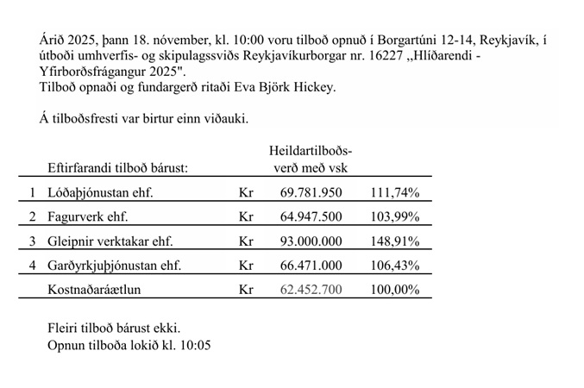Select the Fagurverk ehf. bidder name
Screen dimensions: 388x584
point(88,216)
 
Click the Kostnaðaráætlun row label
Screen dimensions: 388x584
point(94,290)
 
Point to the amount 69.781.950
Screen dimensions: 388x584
point(311,192)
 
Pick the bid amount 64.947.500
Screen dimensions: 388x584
point(311,216)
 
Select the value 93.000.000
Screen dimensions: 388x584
point(311,241)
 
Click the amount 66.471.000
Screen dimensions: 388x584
point(311,266)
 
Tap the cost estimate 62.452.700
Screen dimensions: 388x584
point(311,290)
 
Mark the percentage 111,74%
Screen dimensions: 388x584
point(394,192)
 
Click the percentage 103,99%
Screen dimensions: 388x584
point(394,216)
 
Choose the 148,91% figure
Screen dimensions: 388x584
point(394,241)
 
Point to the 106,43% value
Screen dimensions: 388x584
point(394,266)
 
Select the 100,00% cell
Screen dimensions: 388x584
point(394,290)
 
